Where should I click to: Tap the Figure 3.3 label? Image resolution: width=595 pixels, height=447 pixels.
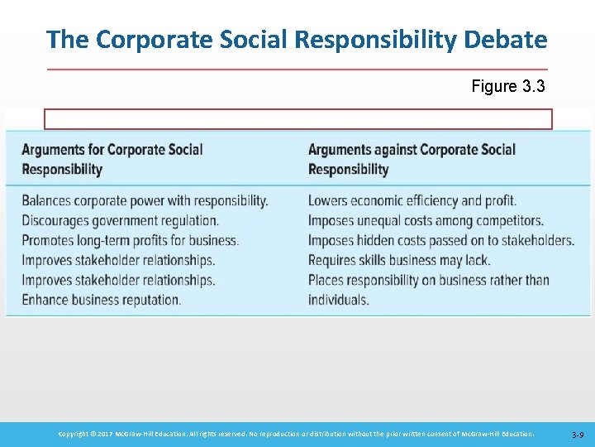pyautogui.click(x=507, y=86)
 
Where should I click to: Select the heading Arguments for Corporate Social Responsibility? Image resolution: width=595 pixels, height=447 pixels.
pyautogui.click(x=112, y=159)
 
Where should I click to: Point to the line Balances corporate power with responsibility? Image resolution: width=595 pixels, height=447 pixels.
pyautogui.click(x=145, y=200)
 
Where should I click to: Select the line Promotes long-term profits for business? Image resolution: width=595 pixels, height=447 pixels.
pyautogui.click(x=130, y=240)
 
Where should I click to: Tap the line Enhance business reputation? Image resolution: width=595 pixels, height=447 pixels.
pyautogui.click(x=101, y=299)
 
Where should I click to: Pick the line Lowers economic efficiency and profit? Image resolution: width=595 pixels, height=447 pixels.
pyautogui.click(x=412, y=200)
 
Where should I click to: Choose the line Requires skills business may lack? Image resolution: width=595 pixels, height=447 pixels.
pyautogui.click(x=399, y=260)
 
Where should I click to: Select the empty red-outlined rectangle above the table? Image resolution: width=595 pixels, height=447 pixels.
pyautogui.click(x=297, y=119)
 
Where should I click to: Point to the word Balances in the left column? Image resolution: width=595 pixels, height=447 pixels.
pyautogui.click(x=46, y=200)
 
